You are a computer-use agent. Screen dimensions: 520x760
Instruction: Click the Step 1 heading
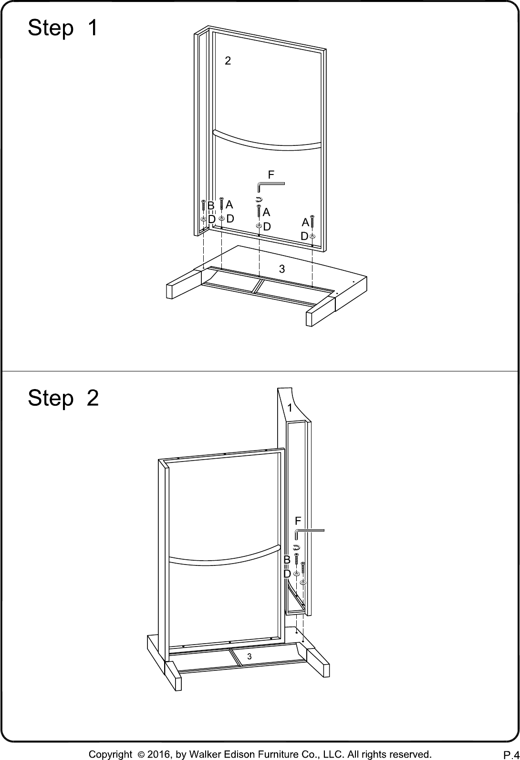coord(63,28)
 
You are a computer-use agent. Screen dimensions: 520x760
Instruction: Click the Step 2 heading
coord(63,398)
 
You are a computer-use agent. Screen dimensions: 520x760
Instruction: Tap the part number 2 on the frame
coord(228,61)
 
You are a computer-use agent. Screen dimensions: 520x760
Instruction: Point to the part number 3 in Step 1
coord(282,269)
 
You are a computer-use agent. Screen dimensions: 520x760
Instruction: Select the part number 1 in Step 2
coord(290,408)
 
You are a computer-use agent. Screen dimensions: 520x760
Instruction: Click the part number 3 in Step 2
coord(250,657)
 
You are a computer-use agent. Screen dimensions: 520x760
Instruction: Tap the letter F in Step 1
coord(271,175)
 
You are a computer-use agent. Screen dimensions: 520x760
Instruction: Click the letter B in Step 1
coord(211,206)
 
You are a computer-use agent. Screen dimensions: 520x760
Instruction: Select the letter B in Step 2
coord(287,560)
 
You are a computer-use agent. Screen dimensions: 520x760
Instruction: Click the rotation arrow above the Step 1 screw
coord(259,199)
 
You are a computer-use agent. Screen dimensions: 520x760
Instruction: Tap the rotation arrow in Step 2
coord(297,547)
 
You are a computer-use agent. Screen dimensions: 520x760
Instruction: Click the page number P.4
coord(511,755)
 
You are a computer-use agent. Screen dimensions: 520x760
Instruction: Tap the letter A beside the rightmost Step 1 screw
coord(305,222)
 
